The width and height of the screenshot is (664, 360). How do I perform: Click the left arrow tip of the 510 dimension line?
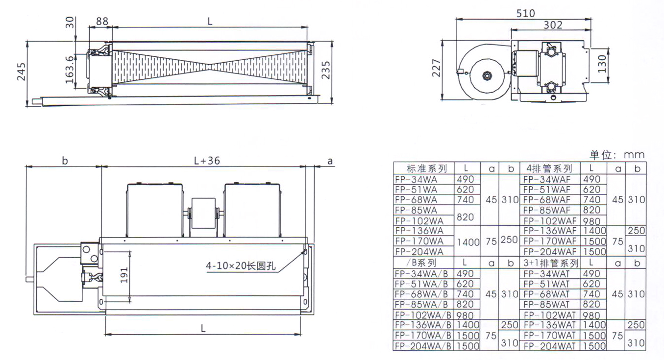click(456, 20)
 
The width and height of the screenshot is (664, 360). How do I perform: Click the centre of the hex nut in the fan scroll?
click(487, 75)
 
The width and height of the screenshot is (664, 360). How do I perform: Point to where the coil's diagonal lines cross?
click(210, 67)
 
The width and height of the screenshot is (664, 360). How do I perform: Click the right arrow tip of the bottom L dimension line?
click(301, 335)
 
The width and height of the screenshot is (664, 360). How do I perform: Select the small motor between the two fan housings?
click(204, 214)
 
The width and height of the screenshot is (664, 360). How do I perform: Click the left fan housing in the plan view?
click(154, 210)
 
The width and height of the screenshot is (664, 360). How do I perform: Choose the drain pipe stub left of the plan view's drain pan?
click(29, 279)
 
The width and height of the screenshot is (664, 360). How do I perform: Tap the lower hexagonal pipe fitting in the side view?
click(551, 87)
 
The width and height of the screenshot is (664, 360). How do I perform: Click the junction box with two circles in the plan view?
click(90, 254)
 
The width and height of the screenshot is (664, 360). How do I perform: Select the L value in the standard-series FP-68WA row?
click(466, 200)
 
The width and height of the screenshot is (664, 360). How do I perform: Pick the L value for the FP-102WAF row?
click(591, 221)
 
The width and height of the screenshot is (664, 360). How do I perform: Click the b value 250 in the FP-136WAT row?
click(636, 325)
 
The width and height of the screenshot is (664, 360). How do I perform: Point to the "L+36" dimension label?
click(207, 161)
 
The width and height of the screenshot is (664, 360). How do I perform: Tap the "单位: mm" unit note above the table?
click(617, 155)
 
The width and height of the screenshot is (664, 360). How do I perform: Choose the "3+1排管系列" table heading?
click(550, 263)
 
